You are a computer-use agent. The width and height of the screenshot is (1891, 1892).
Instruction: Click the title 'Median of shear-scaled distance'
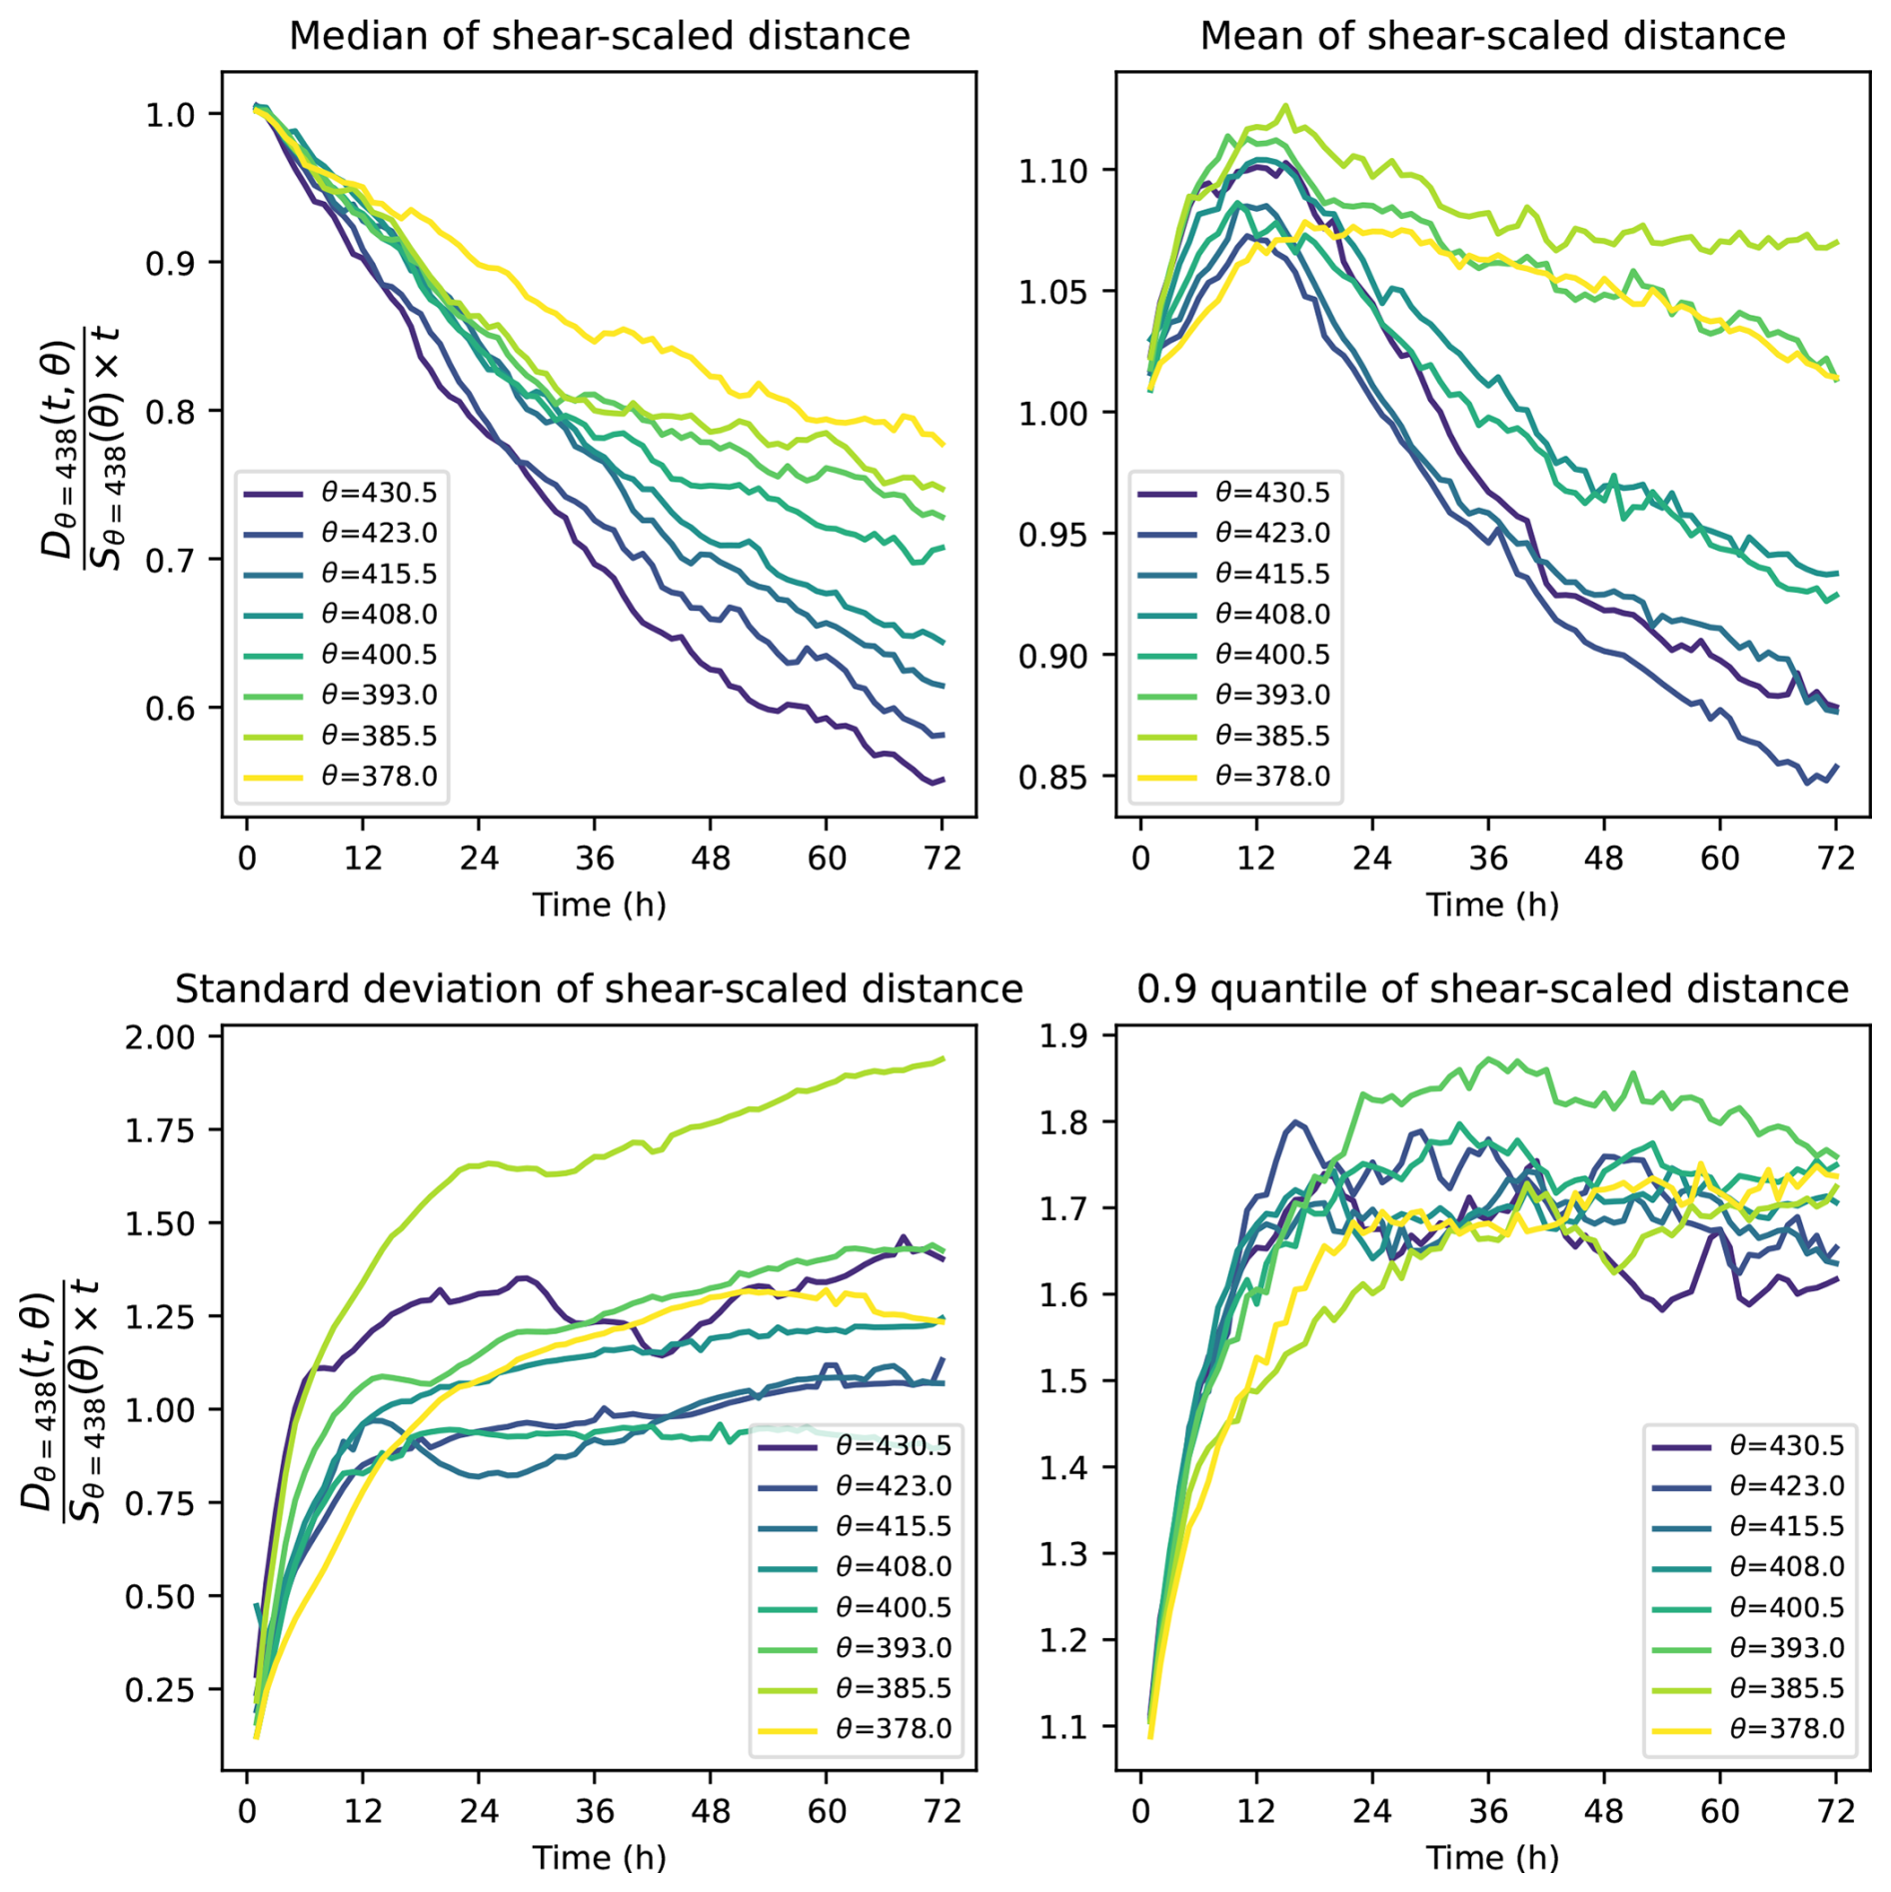tap(599, 36)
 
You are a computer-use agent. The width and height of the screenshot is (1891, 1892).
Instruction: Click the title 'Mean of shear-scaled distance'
tap(1492, 36)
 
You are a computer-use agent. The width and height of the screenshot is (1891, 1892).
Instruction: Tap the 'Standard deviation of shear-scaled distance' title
tap(599, 988)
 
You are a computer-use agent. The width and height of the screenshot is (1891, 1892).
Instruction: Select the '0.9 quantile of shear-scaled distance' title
tap(1492, 988)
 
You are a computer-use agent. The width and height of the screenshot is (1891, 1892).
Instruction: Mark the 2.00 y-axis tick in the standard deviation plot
tap(161, 1036)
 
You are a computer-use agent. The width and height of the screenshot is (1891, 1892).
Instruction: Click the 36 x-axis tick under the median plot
tap(595, 859)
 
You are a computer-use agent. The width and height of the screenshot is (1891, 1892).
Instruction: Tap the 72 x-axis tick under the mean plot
tap(1836, 859)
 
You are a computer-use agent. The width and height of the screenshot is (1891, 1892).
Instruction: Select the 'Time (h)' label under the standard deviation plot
tap(599, 1857)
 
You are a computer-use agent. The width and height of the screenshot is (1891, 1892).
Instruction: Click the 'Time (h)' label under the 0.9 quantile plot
tap(1492, 1857)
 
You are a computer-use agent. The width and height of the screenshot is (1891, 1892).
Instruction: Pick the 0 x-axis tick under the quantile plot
tap(1141, 1811)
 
